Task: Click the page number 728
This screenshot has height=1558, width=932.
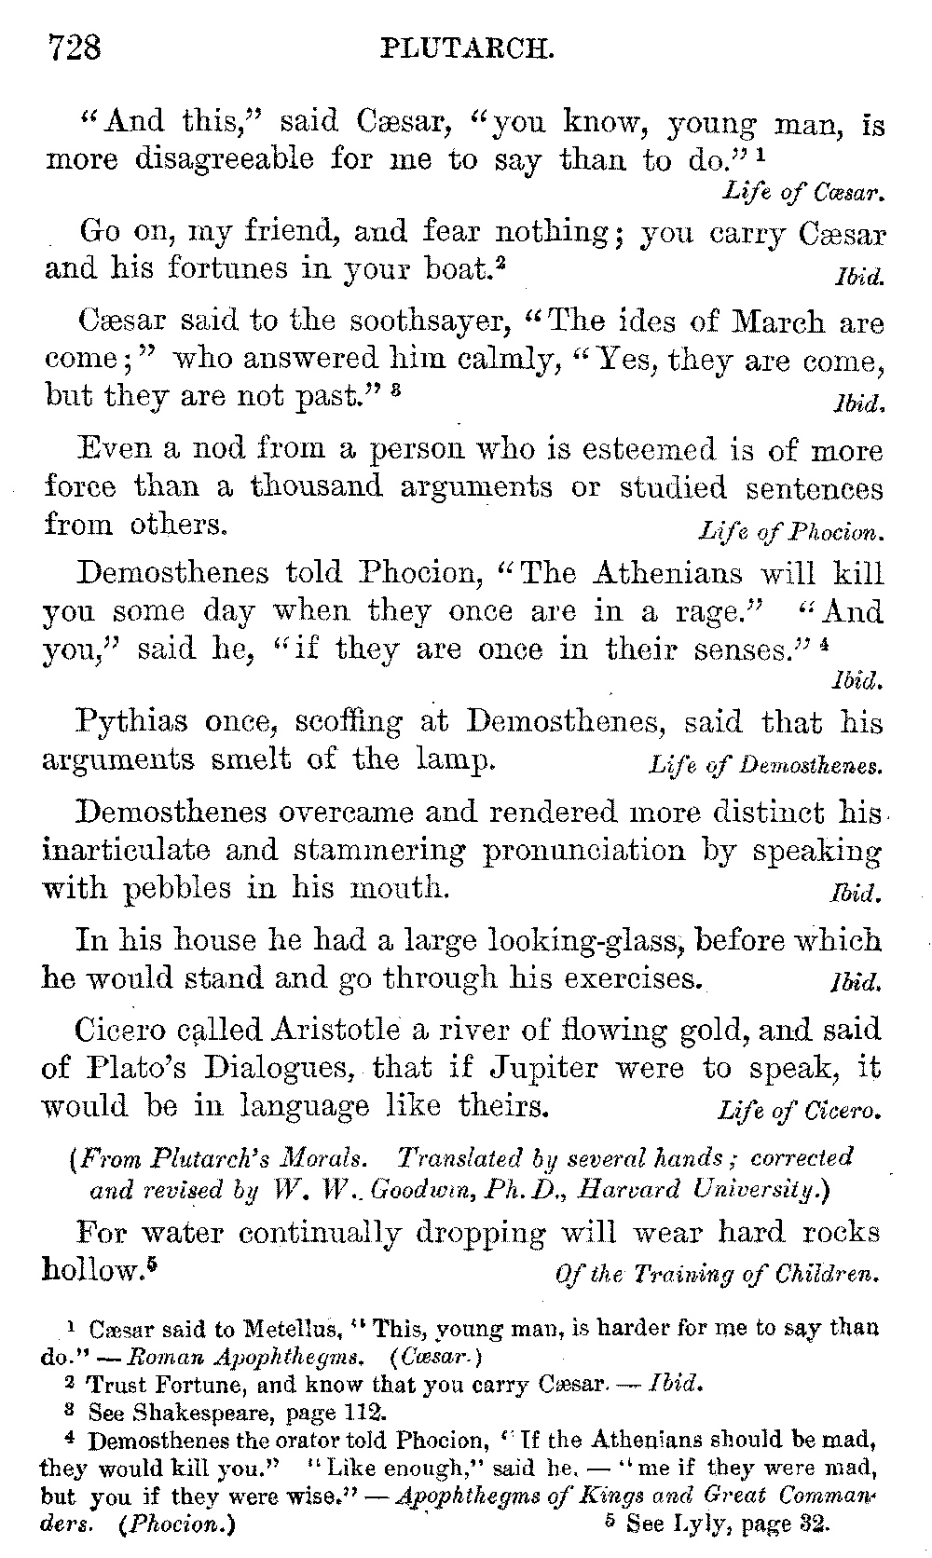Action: pos(74,46)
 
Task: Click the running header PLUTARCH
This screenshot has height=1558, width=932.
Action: pos(467,48)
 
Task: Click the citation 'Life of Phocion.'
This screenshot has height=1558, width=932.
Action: pos(789,532)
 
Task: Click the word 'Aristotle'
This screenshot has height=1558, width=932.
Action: pos(335,1031)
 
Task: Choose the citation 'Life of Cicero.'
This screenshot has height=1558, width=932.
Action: pos(798,1112)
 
